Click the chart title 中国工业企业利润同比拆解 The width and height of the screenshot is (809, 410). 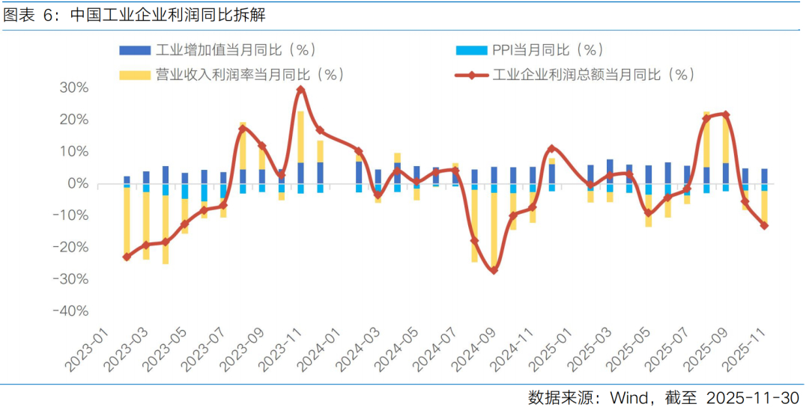point(168,15)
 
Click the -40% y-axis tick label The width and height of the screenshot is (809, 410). point(70,311)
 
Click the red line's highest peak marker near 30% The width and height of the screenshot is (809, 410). point(300,90)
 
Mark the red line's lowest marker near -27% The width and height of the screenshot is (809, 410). point(494,270)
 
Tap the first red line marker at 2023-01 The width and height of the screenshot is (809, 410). point(127,257)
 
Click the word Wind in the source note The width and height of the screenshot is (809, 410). point(629,397)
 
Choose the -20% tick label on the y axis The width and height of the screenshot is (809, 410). point(70,248)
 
